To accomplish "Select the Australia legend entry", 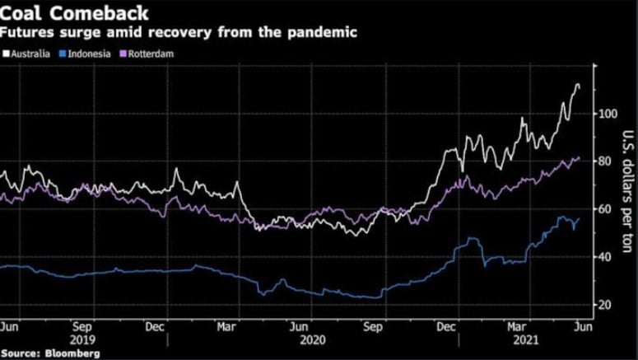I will (x=30, y=54).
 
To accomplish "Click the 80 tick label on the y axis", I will (x=603, y=161).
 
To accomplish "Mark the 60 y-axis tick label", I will (x=603, y=209).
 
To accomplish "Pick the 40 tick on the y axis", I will (x=603, y=257).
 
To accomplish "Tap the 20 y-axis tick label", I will (x=603, y=306).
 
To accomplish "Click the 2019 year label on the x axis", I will (x=86, y=339).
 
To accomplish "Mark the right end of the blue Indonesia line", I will (x=579, y=219).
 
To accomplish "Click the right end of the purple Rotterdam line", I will (x=579, y=157).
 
